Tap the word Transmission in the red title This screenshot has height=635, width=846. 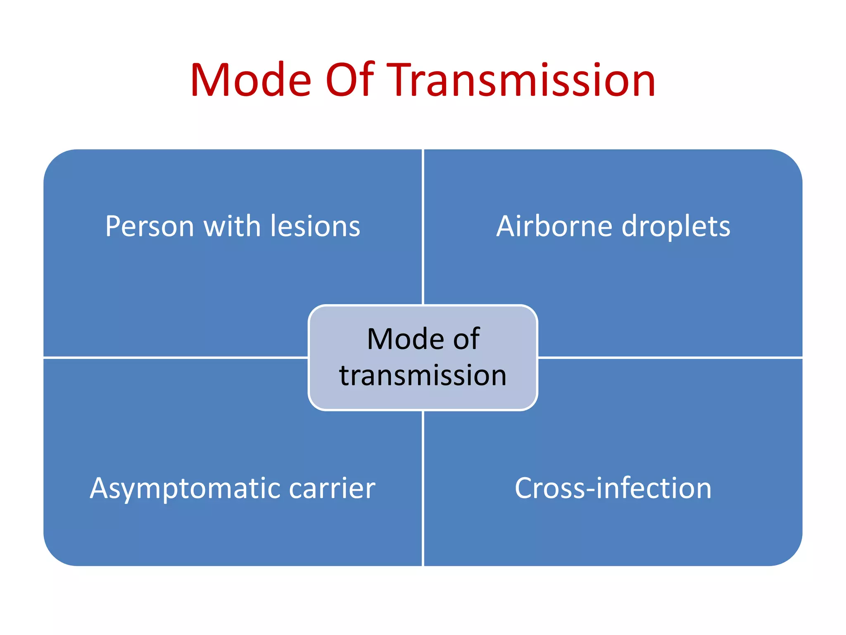point(523,81)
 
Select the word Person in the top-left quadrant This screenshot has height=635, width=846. point(149,227)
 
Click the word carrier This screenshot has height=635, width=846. point(332,489)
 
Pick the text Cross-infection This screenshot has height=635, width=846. point(613,489)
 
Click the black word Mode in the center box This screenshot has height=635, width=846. point(405,339)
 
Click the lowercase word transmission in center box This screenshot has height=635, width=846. point(423,375)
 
